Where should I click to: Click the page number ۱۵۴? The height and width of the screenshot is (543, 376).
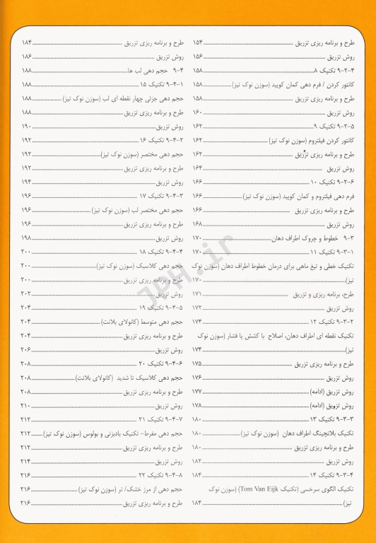pyautogui.click(x=198, y=43)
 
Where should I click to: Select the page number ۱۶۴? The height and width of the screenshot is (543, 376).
pyautogui.click(x=198, y=168)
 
